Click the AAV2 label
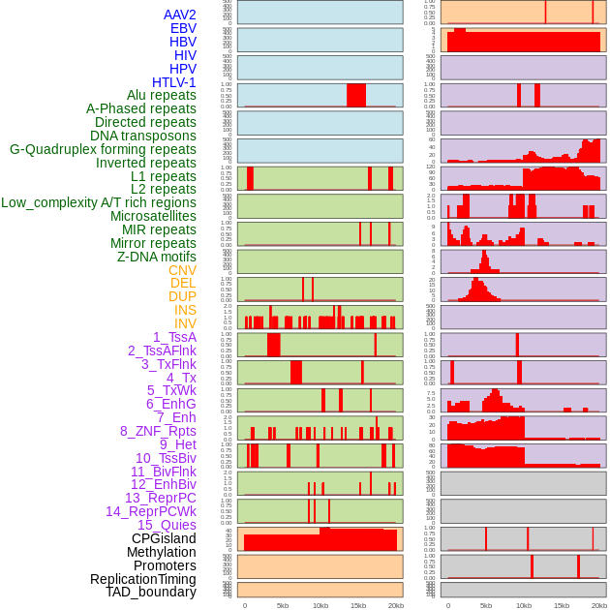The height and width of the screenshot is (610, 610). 179,15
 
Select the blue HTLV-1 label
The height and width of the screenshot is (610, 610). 173,82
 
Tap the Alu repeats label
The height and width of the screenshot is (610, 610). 162,96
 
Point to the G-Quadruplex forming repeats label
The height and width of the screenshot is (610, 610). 103,150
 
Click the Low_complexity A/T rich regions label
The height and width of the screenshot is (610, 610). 99,203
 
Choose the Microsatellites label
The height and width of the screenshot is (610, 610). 153,217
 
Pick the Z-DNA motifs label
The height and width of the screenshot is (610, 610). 156,258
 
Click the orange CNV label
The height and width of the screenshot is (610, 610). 182,271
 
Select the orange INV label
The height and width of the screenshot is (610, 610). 185,324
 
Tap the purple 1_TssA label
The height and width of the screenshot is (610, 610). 174,337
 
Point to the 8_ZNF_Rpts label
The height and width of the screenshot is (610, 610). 158,432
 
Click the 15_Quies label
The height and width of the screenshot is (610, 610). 167,525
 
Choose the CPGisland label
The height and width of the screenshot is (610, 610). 164,538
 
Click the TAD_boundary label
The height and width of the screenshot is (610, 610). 150,592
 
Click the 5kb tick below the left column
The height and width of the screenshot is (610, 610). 283,605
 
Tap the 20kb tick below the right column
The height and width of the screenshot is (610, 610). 599,605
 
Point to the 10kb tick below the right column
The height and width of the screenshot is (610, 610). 524,605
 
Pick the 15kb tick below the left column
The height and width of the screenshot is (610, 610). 358,605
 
